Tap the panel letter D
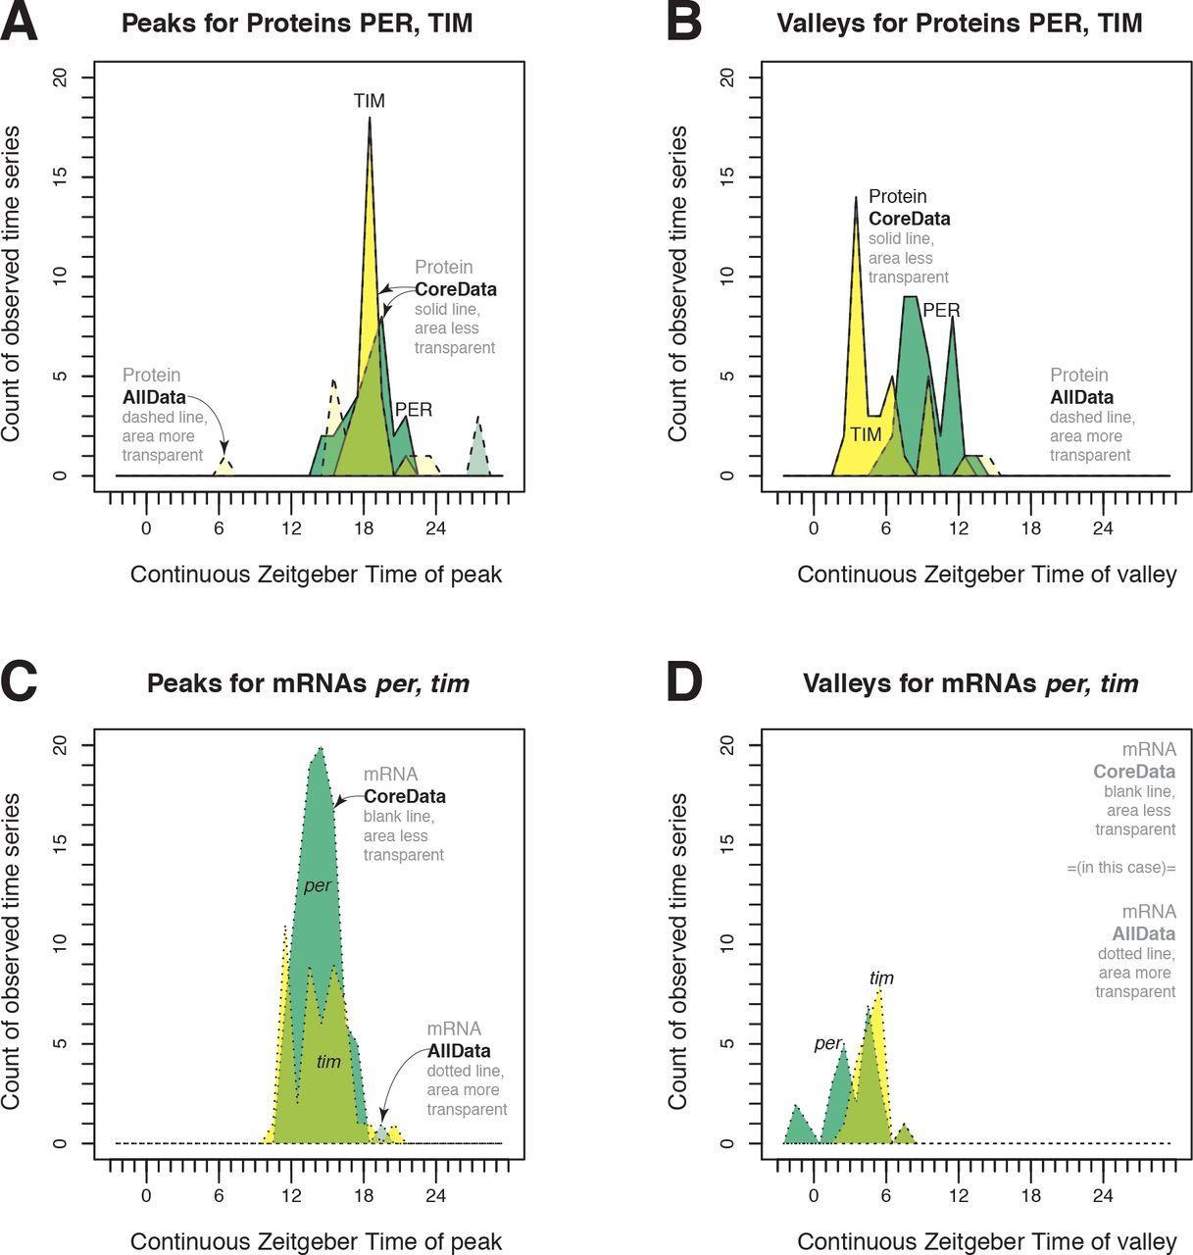pyautogui.click(x=683, y=681)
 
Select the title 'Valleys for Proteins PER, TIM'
pyautogui.click(x=959, y=23)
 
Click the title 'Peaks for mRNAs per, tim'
pyautogui.click(x=308, y=682)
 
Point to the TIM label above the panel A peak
pyautogui.click(x=370, y=101)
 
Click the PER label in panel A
pyautogui.click(x=413, y=410)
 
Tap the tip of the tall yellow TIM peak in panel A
pyautogui.click(x=370, y=119)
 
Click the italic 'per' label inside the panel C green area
pyautogui.click(x=317, y=885)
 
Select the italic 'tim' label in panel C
pyautogui.click(x=328, y=1061)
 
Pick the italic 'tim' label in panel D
pyautogui.click(x=881, y=978)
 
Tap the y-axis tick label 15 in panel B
pyautogui.click(x=726, y=177)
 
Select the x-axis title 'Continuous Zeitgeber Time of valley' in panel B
pyautogui.click(x=986, y=575)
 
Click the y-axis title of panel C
pyautogui.click(x=12, y=951)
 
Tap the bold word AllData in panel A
pyautogui.click(x=154, y=397)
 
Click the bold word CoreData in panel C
pyautogui.click(x=404, y=796)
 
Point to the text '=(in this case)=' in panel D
pyautogui.click(x=1120, y=868)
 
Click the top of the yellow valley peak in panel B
pyautogui.click(x=856, y=198)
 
